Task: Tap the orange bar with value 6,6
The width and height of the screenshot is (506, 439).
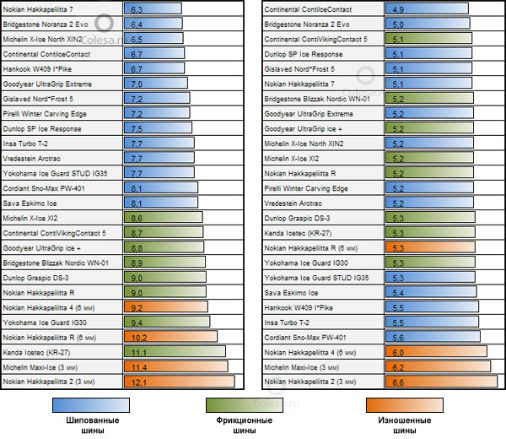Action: tap(438, 382)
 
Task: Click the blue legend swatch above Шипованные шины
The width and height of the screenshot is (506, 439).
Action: tap(90, 404)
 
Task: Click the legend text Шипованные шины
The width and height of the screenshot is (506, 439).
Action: tap(91, 425)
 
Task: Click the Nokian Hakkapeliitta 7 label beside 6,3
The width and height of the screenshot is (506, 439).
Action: tap(42, 9)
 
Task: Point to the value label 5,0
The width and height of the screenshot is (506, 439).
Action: tap(397, 24)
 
